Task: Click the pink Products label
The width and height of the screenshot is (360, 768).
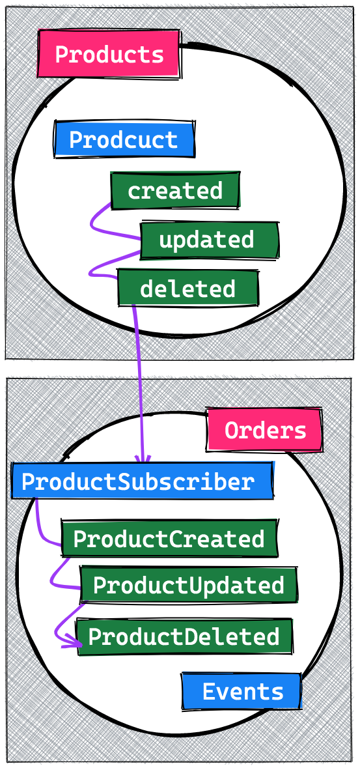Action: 109,54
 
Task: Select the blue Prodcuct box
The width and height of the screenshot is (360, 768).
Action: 124,139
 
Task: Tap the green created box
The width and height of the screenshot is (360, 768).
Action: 175,190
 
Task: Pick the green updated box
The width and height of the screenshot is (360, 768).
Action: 209,240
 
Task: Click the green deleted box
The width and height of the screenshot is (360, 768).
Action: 187,288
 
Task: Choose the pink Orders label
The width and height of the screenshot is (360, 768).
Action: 265,430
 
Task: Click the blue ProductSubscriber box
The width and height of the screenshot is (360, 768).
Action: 142,481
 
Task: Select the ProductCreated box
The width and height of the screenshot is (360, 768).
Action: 169,538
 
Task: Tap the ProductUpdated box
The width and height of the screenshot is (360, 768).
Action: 189,584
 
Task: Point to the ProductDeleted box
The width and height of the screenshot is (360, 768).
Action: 184,636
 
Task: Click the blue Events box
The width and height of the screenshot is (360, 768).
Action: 242,691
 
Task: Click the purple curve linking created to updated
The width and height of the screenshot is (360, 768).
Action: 92,224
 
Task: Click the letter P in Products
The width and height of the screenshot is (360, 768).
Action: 61,54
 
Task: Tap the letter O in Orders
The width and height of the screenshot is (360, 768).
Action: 231,431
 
